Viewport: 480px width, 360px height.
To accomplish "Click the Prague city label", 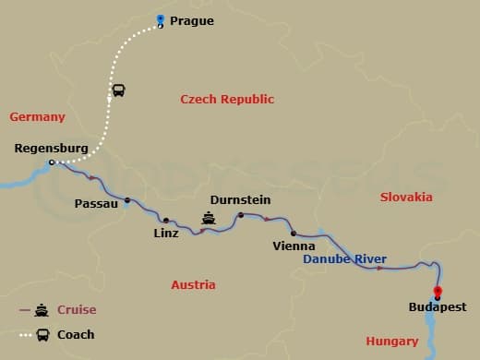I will (192, 20).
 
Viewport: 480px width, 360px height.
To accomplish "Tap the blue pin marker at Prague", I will (161, 20).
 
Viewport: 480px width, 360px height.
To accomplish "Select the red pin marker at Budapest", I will (437, 293).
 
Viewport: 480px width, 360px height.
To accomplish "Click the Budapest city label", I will (438, 307).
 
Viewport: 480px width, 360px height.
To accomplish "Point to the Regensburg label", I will (52, 148).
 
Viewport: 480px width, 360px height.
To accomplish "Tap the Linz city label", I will (166, 234).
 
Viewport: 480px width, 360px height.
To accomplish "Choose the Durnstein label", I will (240, 199).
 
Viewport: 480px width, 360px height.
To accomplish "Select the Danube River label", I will (344, 259).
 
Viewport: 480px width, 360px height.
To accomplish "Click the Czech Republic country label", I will (227, 100).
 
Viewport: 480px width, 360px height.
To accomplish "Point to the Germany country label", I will (37, 117).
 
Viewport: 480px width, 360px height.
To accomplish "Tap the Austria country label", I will (193, 285).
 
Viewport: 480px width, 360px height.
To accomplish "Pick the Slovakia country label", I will (405, 198).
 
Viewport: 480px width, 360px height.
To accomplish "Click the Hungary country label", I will (391, 342).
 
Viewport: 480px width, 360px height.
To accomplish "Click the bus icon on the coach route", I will (118, 90).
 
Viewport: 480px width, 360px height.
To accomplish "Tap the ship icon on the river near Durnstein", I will (210, 219).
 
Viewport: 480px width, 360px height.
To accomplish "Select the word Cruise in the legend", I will (77, 310).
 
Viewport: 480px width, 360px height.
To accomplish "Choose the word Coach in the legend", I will (76, 334).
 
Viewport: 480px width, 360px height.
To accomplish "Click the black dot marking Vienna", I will (293, 234).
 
